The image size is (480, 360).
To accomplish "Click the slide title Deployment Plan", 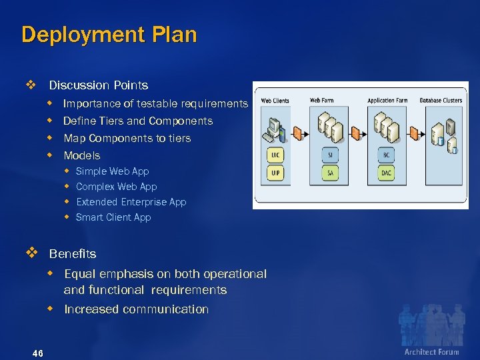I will pyautogui.click(x=109, y=35).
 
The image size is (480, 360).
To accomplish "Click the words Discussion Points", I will pyautogui.click(x=99, y=85).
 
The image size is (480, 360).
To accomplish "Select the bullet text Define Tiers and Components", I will pyautogui.click(x=138, y=121).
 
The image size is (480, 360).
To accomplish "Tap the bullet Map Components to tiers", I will pyautogui.click(x=127, y=138).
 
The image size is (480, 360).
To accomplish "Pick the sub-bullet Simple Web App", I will pyautogui.click(x=113, y=171).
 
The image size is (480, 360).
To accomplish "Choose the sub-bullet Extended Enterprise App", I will pyautogui.click(x=131, y=202).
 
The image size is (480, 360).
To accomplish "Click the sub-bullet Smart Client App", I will pyautogui.click(x=113, y=217).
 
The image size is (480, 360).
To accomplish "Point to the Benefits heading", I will pyautogui.click(x=73, y=254).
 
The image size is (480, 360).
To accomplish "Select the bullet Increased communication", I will pyautogui.click(x=136, y=309).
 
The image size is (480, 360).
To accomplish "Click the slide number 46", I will pyautogui.click(x=37, y=353).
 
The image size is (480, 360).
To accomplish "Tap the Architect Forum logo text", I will pyautogui.click(x=431, y=351).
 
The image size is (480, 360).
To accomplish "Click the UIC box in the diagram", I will pyautogui.click(x=275, y=155).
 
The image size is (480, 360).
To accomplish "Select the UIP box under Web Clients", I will pyautogui.click(x=275, y=173).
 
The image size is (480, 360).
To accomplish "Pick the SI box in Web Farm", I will pyautogui.click(x=330, y=155).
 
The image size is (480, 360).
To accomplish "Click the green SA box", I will pyautogui.click(x=330, y=173).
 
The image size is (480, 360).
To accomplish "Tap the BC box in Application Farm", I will pyautogui.click(x=387, y=155).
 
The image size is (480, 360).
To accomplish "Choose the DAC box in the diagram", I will pyautogui.click(x=387, y=173).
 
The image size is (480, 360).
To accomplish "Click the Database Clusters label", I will pyautogui.click(x=441, y=101).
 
